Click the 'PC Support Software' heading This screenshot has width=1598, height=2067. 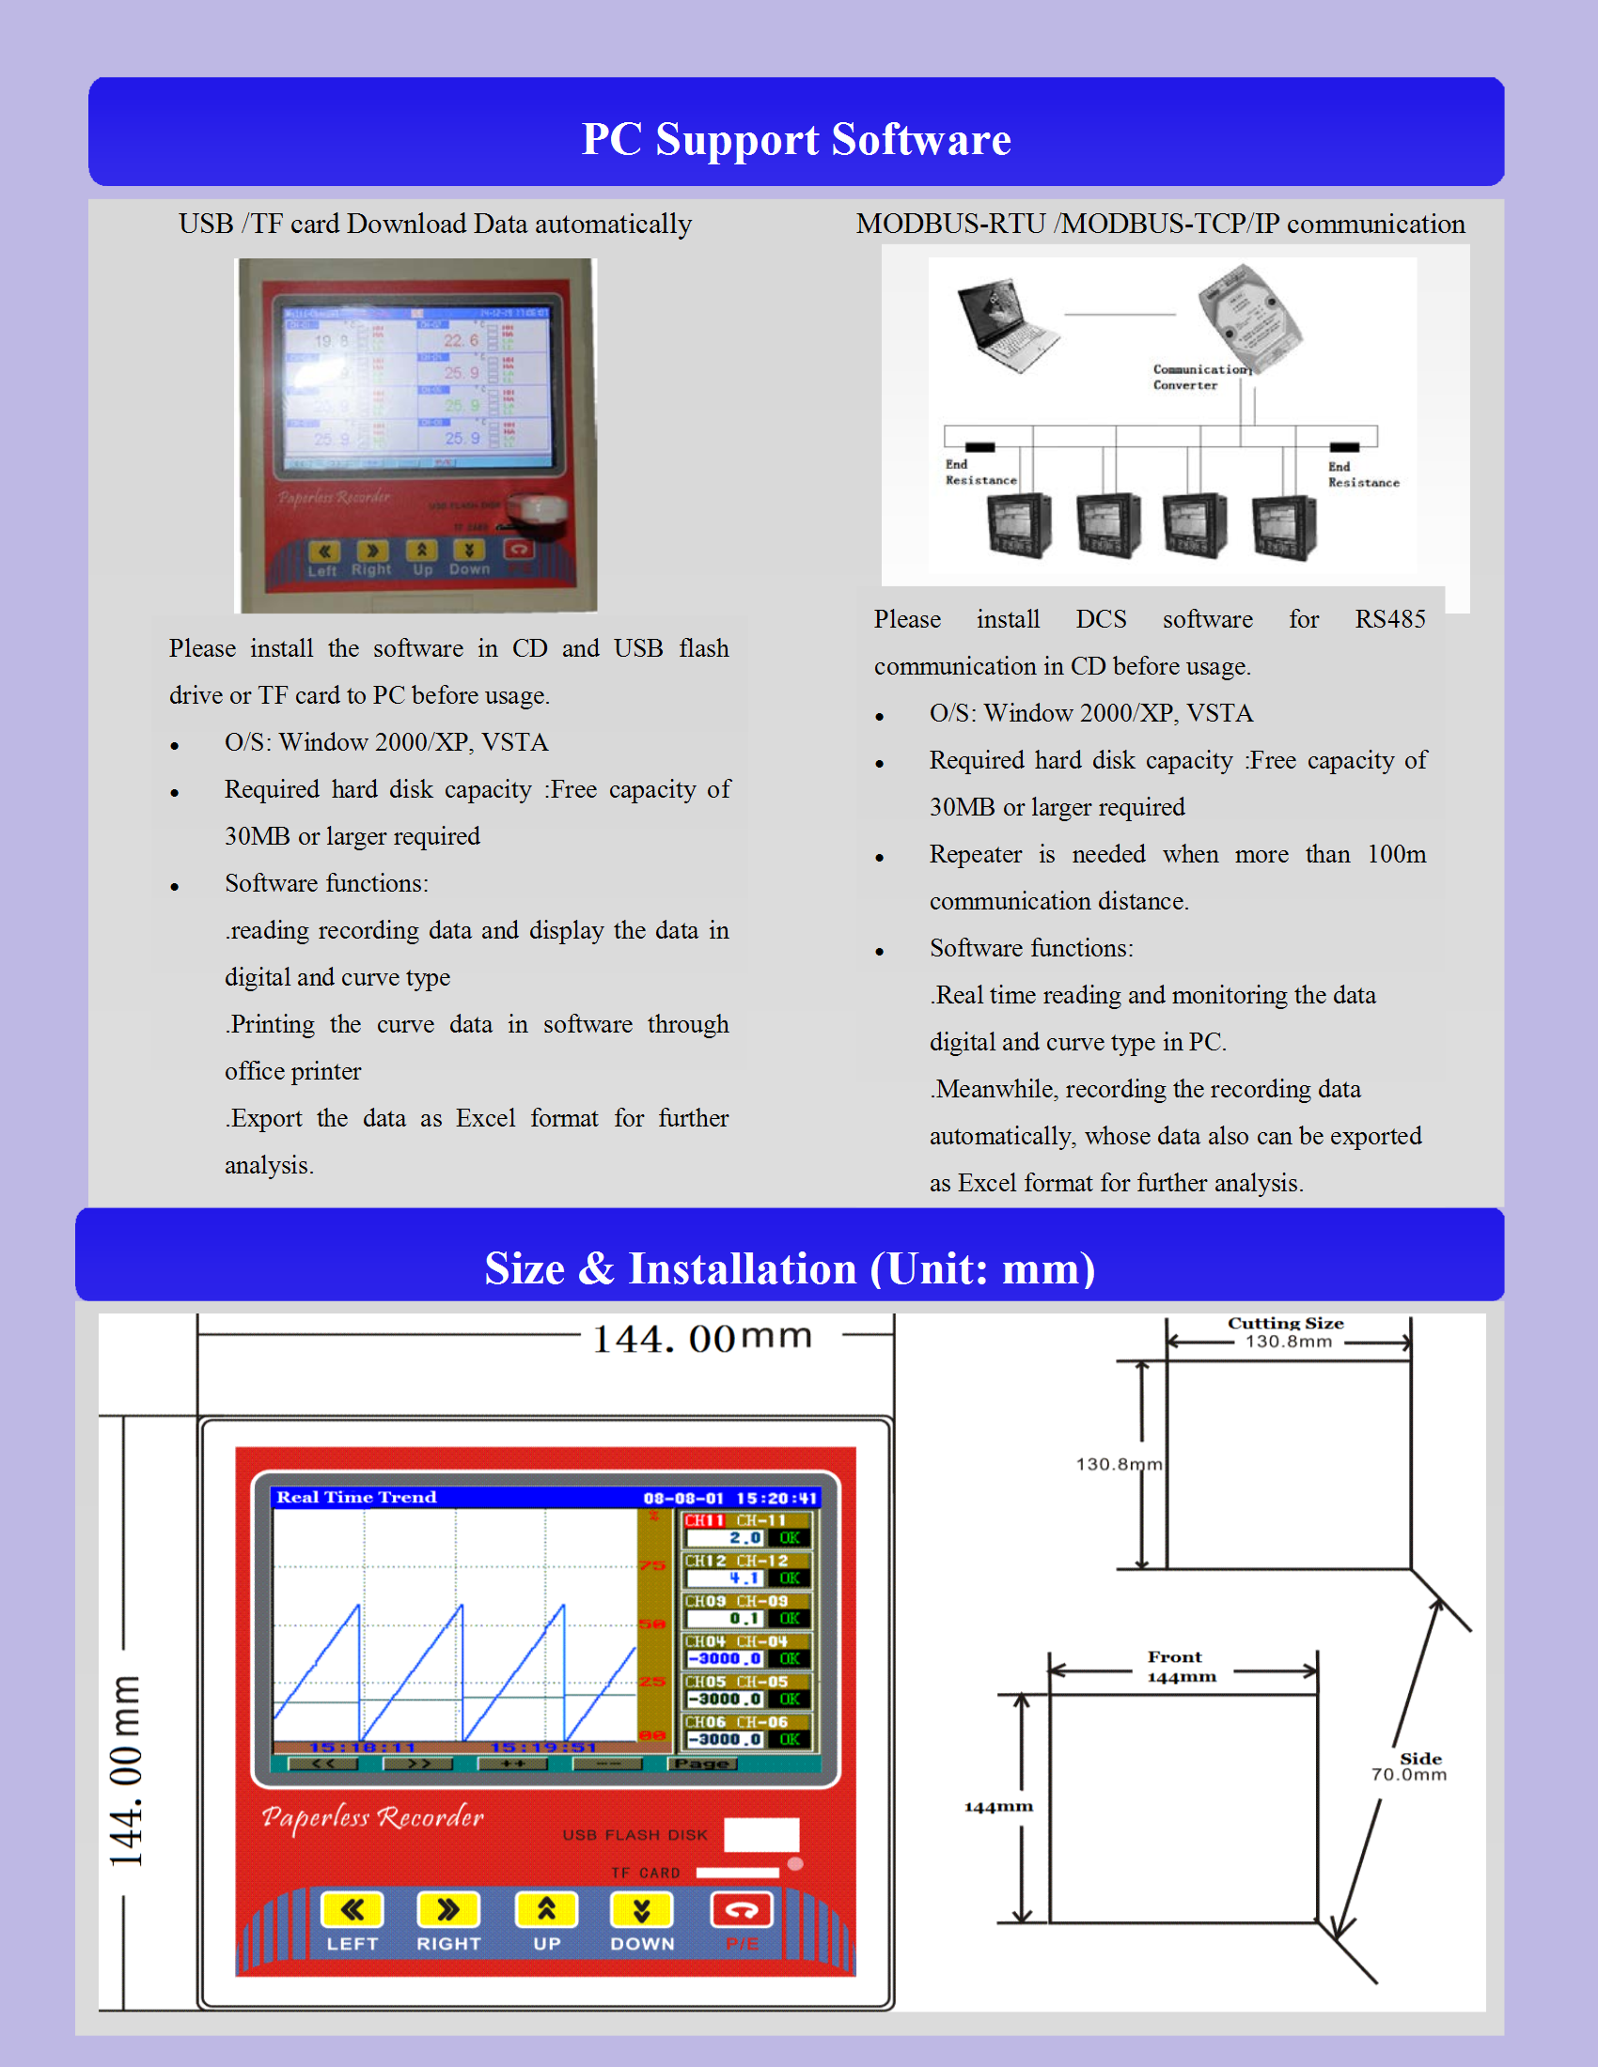796,139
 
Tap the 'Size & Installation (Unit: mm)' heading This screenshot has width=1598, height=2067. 790,1268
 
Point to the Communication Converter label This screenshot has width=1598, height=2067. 1200,377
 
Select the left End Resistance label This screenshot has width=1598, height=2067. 979,473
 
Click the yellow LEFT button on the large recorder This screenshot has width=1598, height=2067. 352,1910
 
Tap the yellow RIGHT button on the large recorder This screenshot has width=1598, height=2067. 447,1910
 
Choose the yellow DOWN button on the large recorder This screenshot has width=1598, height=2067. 642,1910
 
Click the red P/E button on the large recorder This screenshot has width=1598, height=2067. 742,1910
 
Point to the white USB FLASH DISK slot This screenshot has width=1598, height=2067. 761,1834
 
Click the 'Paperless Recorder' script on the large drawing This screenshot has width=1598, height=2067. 372,1817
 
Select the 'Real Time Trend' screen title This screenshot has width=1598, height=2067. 356,1498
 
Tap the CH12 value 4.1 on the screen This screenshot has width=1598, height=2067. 744,1578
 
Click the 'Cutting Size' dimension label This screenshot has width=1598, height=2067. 1286,1323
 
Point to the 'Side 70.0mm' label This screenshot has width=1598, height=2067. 1411,1766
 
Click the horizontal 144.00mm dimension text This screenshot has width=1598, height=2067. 701,1338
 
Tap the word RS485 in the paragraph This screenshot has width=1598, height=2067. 1388,619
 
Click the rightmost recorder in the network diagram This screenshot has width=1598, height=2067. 1283,526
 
